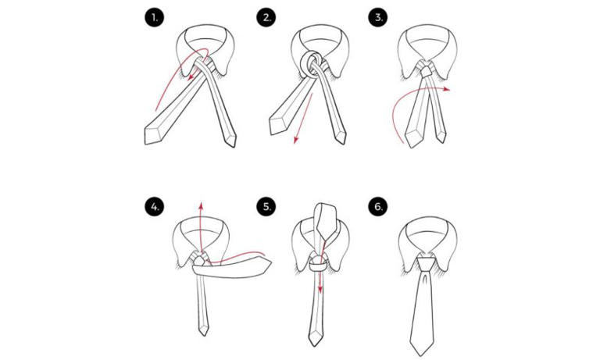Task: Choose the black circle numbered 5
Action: tap(266, 207)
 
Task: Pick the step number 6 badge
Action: tap(379, 207)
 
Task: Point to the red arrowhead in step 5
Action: tap(320, 279)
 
